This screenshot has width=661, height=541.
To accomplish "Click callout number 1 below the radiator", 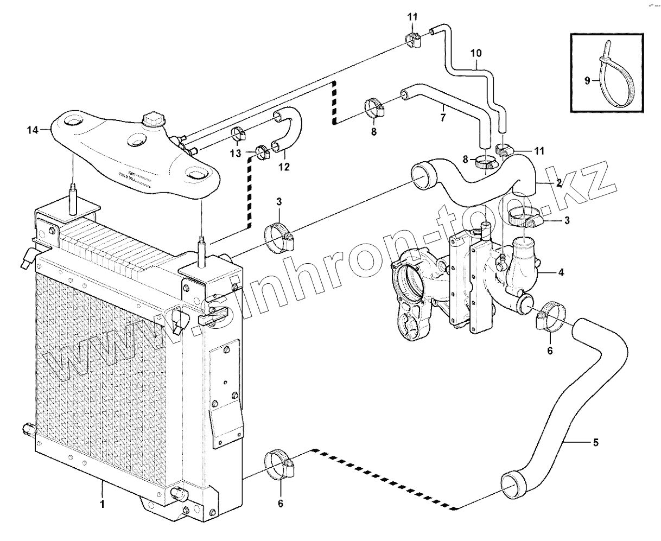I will [x=102, y=504].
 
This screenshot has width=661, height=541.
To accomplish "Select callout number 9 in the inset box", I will [x=587, y=81].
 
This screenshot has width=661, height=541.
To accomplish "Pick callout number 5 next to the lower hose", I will [x=595, y=443].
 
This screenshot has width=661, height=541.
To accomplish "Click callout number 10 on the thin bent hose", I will [x=476, y=53].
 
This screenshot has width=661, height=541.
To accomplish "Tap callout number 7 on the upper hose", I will [x=443, y=117].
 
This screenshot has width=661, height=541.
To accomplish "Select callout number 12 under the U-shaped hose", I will [x=284, y=167].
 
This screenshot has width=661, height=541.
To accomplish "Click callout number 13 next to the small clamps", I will [x=234, y=154].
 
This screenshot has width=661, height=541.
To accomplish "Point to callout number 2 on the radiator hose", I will [x=558, y=183].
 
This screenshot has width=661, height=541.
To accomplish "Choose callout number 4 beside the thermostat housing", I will [x=561, y=272].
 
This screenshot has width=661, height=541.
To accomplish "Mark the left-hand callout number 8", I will [x=373, y=132].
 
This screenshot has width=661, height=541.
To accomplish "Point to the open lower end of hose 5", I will [x=512, y=485].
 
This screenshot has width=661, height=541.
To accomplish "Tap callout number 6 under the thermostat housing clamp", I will [x=550, y=351].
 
